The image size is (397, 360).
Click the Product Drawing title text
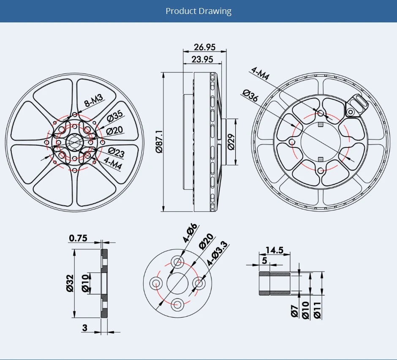(x=198, y=11)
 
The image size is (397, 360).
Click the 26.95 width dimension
(x=205, y=47)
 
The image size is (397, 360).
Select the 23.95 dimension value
(x=202, y=59)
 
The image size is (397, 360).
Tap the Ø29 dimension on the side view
(x=231, y=142)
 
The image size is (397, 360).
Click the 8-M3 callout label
(x=93, y=101)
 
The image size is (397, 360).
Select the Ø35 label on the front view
(x=114, y=115)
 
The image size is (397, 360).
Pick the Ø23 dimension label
(x=116, y=151)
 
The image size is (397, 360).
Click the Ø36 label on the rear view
(x=251, y=96)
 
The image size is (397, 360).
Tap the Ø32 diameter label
(x=70, y=283)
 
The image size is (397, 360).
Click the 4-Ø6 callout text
(x=190, y=233)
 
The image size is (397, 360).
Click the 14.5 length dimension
(x=275, y=250)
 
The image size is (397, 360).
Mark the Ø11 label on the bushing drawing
(x=317, y=310)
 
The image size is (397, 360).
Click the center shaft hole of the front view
(x=74, y=142)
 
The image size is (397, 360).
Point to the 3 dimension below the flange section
(x=84, y=328)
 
